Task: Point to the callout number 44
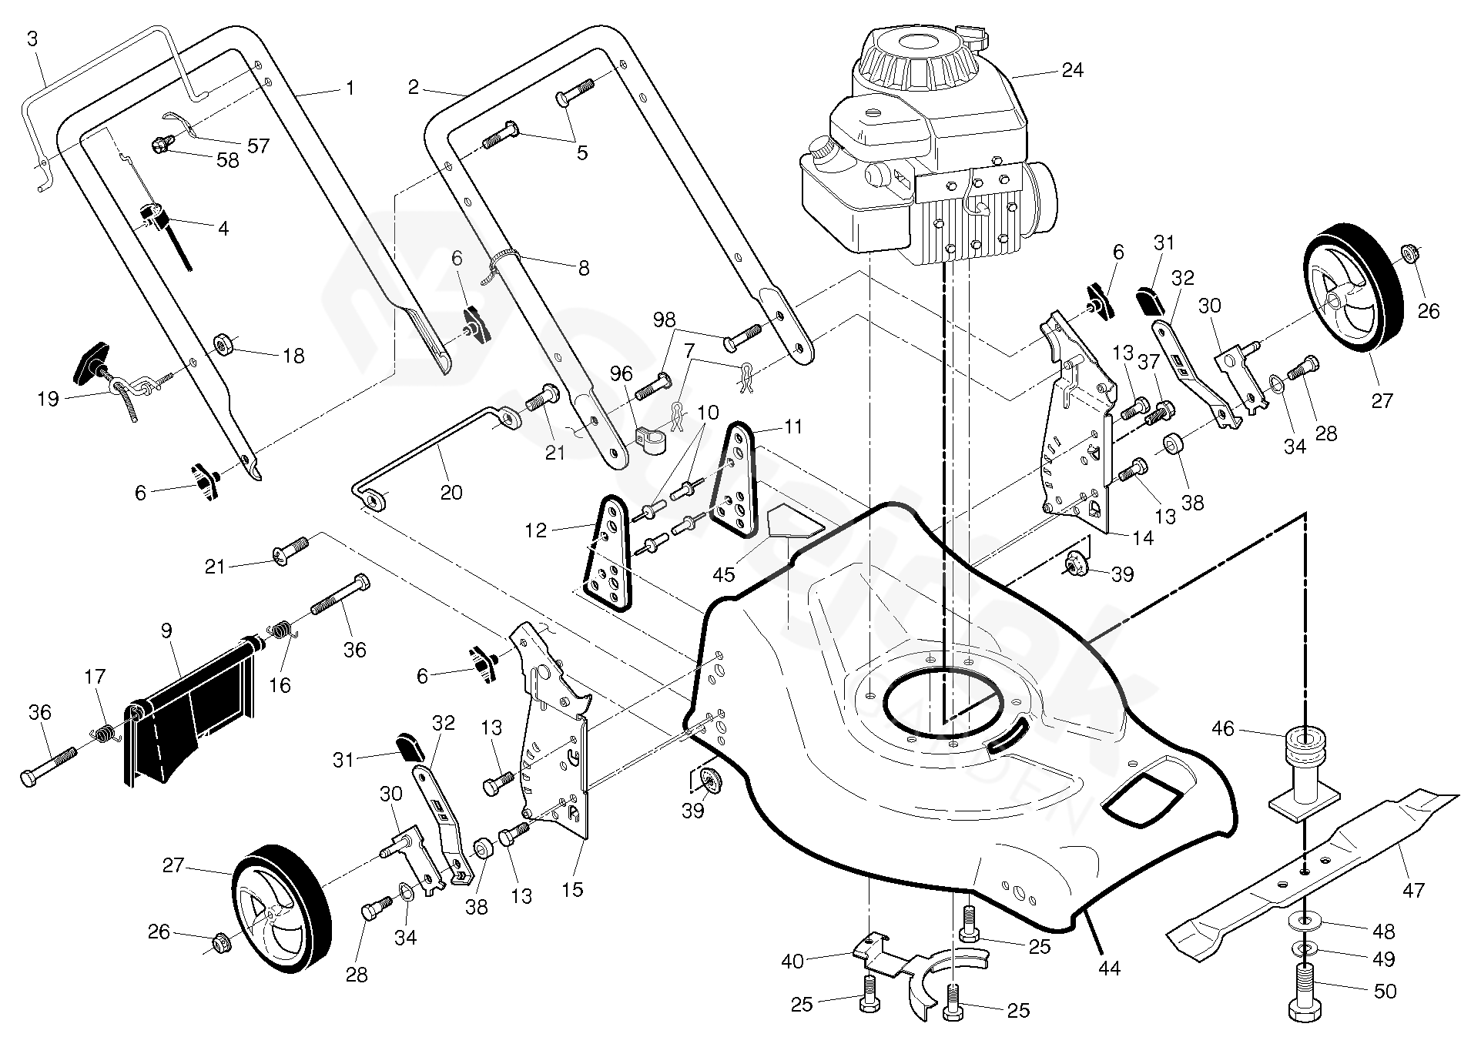pos(1110,968)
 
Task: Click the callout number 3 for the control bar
pos(32,38)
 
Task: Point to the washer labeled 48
pos(1305,921)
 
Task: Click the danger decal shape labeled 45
pos(793,523)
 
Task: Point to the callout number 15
pos(572,890)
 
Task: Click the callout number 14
pos(1144,537)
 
